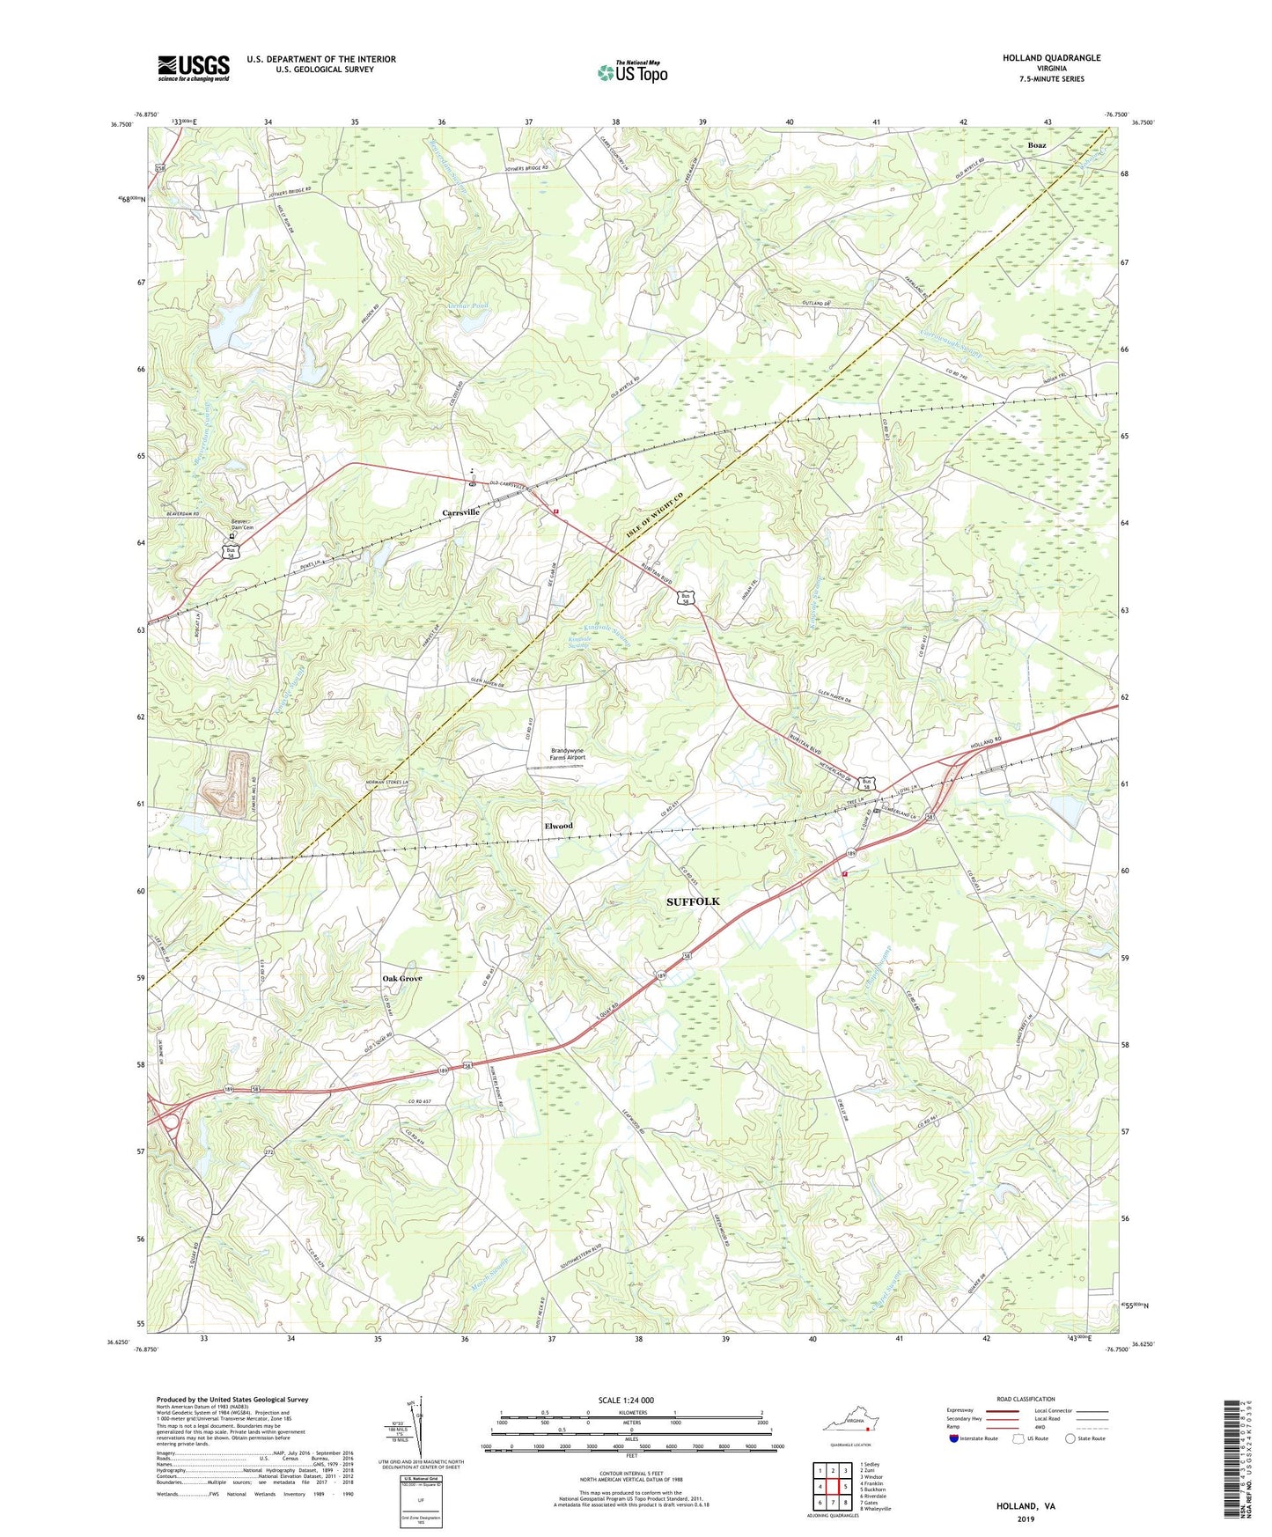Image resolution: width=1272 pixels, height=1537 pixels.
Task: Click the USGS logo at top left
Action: (x=194, y=68)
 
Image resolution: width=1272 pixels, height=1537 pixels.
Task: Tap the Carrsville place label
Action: (x=460, y=511)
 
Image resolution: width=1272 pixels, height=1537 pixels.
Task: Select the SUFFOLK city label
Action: (x=693, y=901)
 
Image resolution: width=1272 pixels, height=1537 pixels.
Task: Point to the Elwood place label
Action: (x=558, y=826)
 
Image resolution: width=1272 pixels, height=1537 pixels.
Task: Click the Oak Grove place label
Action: (x=401, y=978)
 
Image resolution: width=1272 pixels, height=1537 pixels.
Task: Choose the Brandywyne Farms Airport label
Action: (x=568, y=754)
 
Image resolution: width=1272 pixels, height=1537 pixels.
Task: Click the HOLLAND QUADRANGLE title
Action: (x=1051, y=58)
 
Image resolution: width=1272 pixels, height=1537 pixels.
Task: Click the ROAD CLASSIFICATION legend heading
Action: (x=1026, y=1399)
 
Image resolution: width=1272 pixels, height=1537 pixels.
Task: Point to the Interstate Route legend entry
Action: (x=975, y=1438)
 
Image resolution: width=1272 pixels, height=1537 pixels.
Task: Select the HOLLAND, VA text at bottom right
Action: (x=1026, y=1506)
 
